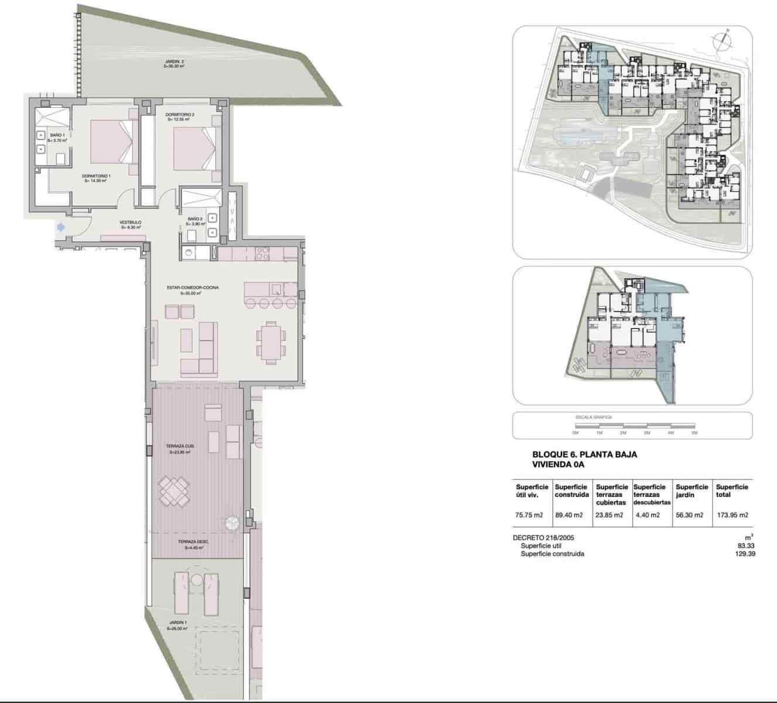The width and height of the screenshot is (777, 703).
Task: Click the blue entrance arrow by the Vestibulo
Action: pos(60,227)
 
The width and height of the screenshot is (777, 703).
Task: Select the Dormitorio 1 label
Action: pos(97,178)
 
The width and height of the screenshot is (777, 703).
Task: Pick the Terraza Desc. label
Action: pos(193,545)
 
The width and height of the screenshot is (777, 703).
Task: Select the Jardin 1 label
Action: pos(177,625)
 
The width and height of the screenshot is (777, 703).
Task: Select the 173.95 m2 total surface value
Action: pos(732,516)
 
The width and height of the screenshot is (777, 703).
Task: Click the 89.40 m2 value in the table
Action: pos(569,516)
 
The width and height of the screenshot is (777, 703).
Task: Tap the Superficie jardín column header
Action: pos(692,490)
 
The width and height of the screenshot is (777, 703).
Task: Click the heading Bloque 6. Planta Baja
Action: pos(584,454)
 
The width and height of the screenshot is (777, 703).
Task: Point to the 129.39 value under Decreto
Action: pos(744,554)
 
